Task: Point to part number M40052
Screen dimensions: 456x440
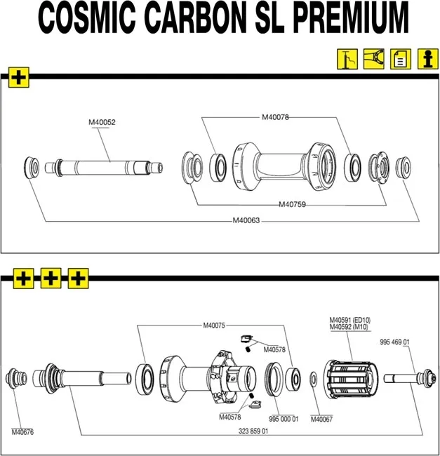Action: coord(102,123)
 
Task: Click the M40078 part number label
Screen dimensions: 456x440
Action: coord(275,117)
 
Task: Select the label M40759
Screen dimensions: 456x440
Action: coord(292,205)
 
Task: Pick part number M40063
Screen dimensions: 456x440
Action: coord(246,221)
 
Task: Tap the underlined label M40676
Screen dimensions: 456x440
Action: coord(22,431)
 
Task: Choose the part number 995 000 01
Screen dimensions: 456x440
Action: coord(284,419)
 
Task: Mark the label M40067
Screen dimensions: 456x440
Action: coord(321,420)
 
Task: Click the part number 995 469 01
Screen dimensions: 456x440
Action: coord(394,342)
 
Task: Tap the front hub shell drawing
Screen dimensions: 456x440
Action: coord(278,168)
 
